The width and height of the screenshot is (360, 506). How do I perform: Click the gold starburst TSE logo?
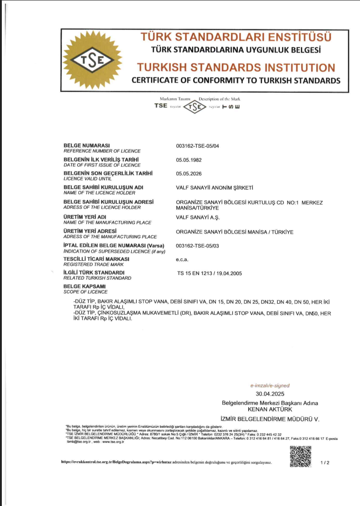pyautogui.click(x=94, y=60)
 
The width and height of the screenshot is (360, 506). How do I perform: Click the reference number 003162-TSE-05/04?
pyautogui.click(x=197, y=146)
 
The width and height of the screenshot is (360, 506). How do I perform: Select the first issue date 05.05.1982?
pyautogui.click(x=189, y=160)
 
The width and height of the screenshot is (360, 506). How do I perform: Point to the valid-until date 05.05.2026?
pyautogui.click(x=189, y=173)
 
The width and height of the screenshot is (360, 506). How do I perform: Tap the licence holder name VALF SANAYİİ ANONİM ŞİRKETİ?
pyautogui.click(x=214, y=187)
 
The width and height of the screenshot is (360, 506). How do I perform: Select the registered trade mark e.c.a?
pyautogui.click(x=182, y=259)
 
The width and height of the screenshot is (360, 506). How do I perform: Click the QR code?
pyautogui.click(x=301, y=456)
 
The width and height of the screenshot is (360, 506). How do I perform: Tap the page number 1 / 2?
pyautogui.click(x=325, y=463)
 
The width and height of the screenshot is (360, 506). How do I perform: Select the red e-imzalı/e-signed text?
pyautogui.click(x=270, y=386)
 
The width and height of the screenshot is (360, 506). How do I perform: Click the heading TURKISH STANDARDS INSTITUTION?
pyautogui.click(x=236, y=68)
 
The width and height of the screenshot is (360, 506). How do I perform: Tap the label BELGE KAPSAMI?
pyautogui.click(x=85, y=286)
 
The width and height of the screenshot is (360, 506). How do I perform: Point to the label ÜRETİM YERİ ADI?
pyautogui.click(x=85, y=217)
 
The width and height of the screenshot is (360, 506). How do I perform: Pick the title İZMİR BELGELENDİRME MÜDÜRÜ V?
pyautogui.click(x=270, y=419)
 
